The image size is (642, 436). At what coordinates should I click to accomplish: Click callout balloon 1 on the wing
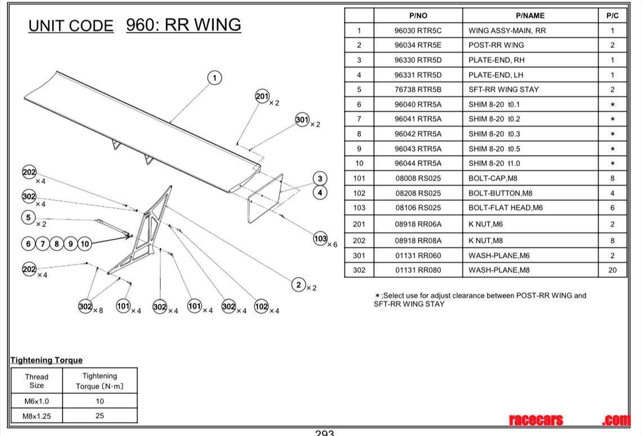point(215,78)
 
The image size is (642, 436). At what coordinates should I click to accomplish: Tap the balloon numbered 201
point(262,96)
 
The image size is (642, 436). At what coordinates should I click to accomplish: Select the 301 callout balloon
point(302,119)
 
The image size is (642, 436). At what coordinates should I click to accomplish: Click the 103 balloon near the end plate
point(320,239)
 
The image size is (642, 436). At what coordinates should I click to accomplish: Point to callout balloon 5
point(29,217)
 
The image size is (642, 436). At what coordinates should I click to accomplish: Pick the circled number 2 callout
point(298,285)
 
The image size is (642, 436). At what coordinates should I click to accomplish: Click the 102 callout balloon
point(261,306)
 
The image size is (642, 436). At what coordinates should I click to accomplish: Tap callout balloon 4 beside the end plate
point(320,193)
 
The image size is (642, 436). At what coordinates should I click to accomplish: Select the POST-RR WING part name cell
point(496,45)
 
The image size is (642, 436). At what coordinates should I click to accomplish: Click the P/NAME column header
point(530,16)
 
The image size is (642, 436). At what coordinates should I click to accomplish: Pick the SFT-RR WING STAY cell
point(503,89)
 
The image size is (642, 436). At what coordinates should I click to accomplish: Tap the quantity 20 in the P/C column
point(612,270)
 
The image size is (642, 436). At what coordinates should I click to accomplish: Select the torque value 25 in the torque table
point(100,416)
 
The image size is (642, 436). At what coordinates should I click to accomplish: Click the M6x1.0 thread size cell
point(36,401)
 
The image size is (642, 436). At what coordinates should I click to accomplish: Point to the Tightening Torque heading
point(46,360)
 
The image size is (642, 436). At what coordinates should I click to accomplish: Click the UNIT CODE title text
point(71,26)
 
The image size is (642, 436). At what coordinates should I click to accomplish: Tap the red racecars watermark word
point(536,420)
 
